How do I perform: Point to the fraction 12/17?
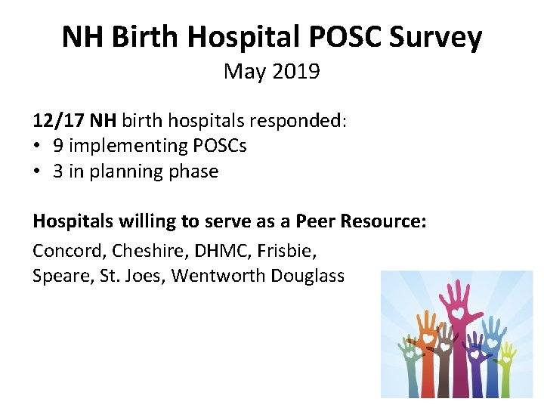click(59, 120)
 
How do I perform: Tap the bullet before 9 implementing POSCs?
click(38, 146)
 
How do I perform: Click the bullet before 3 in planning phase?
click(38, 172)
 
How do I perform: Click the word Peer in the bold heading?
click(315, 222)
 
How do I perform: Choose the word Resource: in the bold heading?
click(384, 222)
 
